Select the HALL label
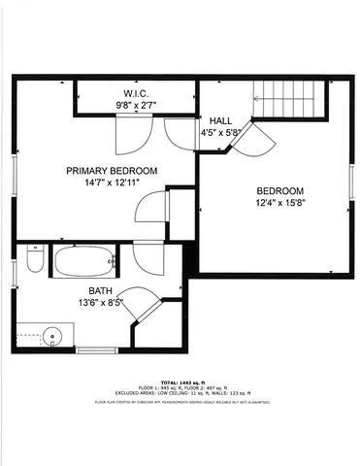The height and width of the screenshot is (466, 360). [x=222, y=119]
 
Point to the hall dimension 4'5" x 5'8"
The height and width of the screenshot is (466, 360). [x=222, y=131]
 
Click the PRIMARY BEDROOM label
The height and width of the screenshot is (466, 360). [x=112, y=171]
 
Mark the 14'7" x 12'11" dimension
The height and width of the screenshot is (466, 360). [x=112, y=183]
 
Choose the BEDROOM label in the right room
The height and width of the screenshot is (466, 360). [x=279, y=190]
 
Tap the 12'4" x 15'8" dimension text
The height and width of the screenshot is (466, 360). [x=279, y=202]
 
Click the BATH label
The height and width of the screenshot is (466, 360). [x=101, y=291]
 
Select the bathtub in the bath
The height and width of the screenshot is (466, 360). [x=84, y=261]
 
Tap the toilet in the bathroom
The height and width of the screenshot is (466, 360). [x=33, y=262]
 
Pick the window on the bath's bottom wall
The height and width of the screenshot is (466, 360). [x=96, y=349]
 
